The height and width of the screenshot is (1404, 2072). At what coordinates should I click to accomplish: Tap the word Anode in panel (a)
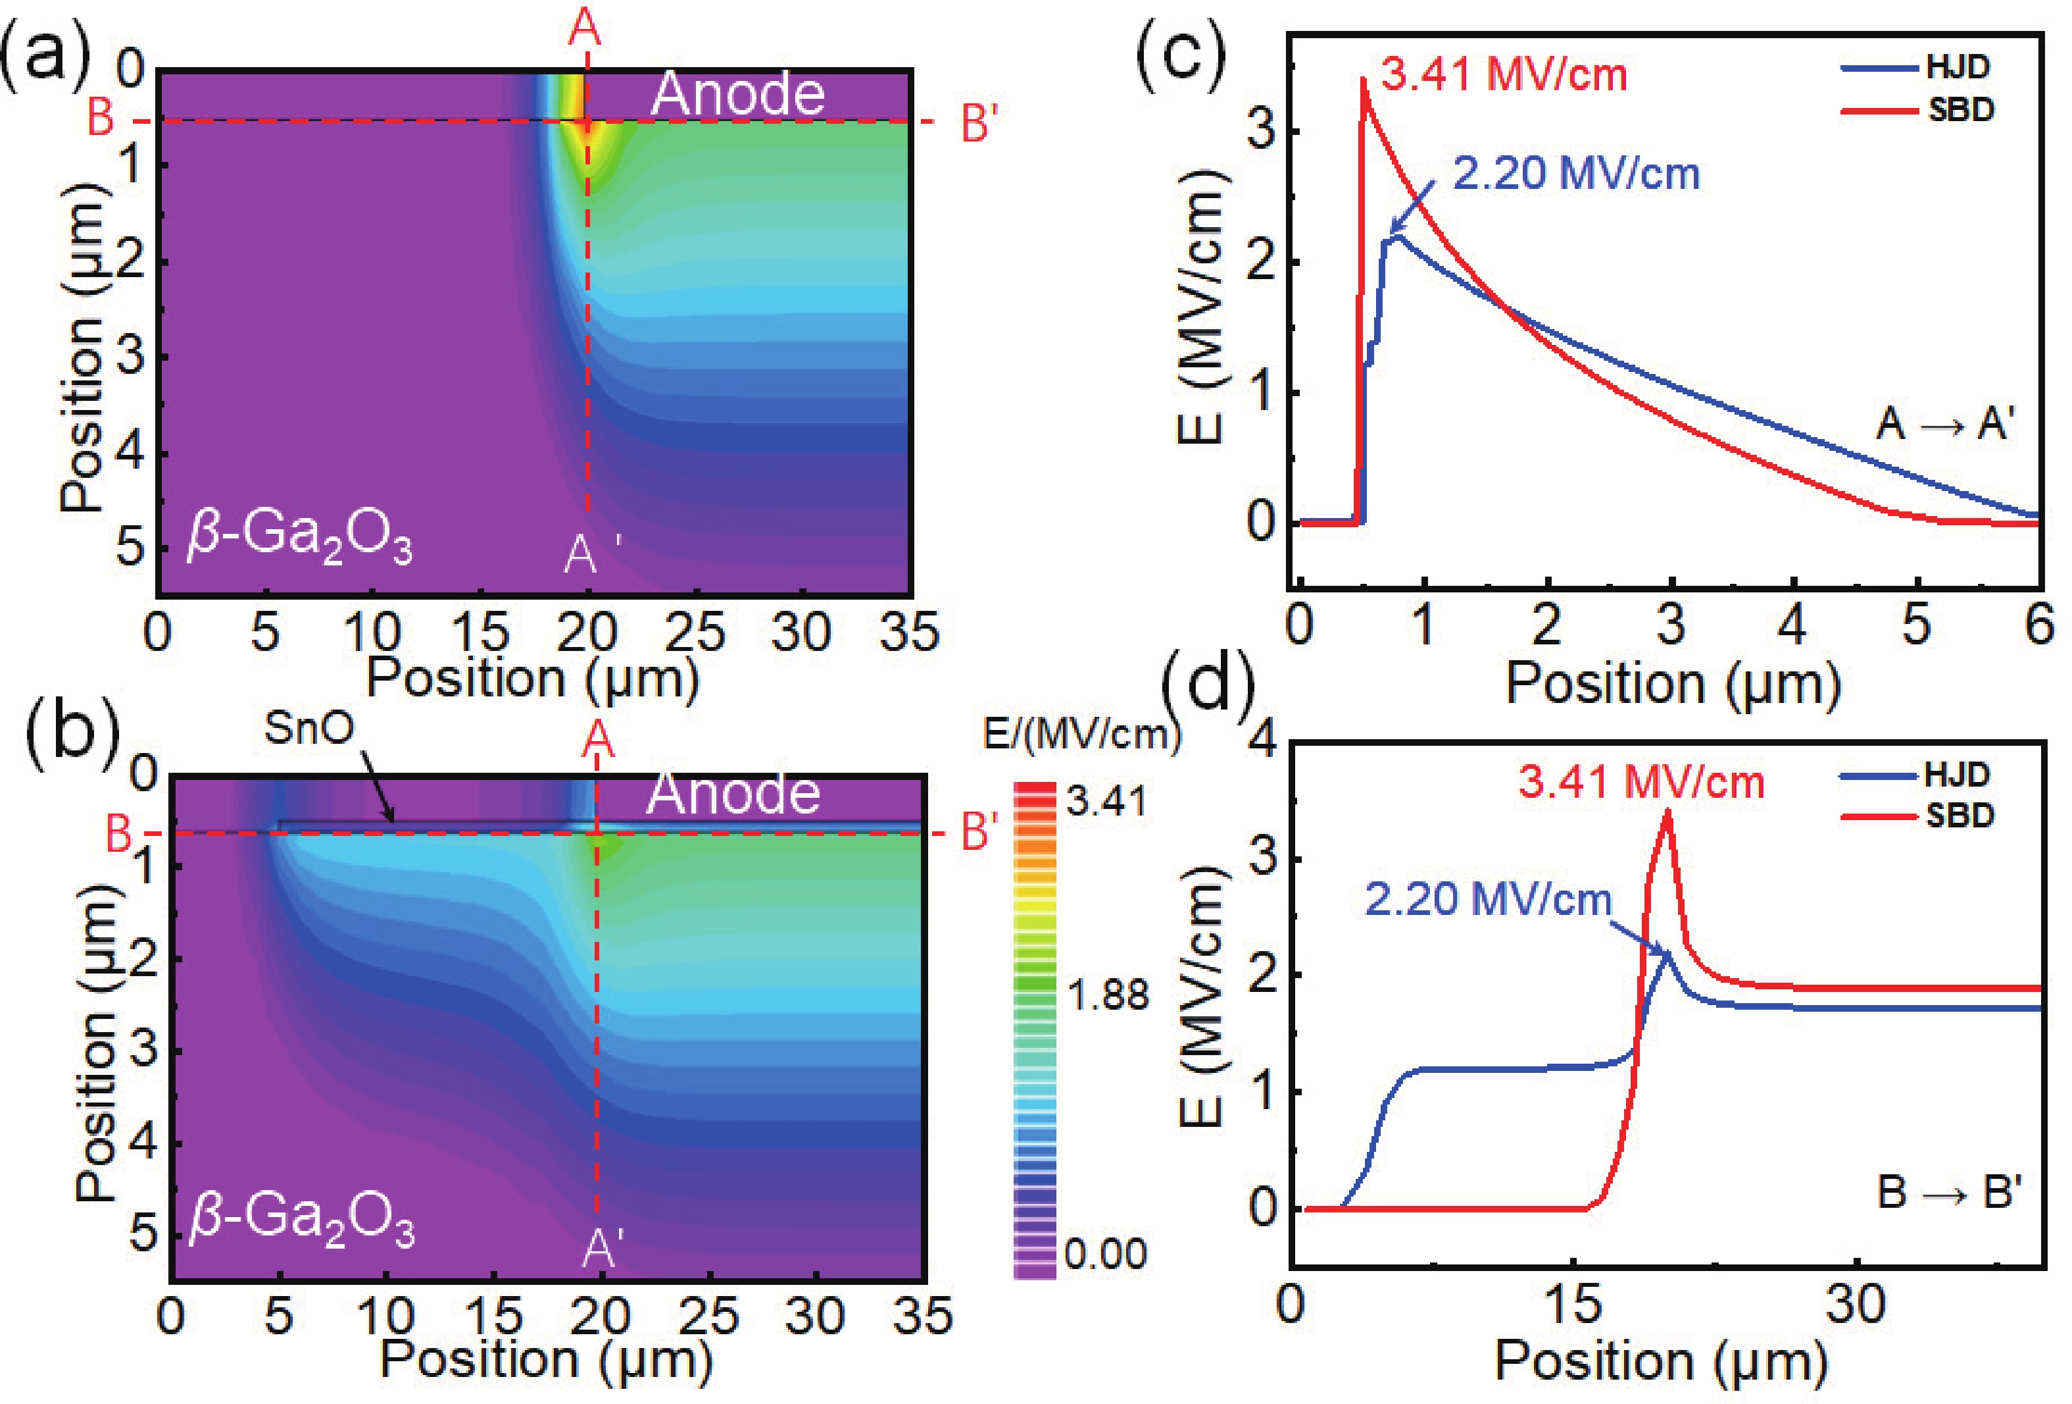[x=737, y=95]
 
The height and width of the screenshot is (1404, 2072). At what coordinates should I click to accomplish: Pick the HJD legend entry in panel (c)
[x=1957, y=68]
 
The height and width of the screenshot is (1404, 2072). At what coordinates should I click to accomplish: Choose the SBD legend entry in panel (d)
[x=1959, y=816]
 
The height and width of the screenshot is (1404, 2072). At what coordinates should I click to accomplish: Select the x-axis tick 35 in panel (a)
[x=910, y=633]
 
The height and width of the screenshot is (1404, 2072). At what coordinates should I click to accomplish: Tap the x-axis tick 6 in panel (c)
[x=2038, y=625]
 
